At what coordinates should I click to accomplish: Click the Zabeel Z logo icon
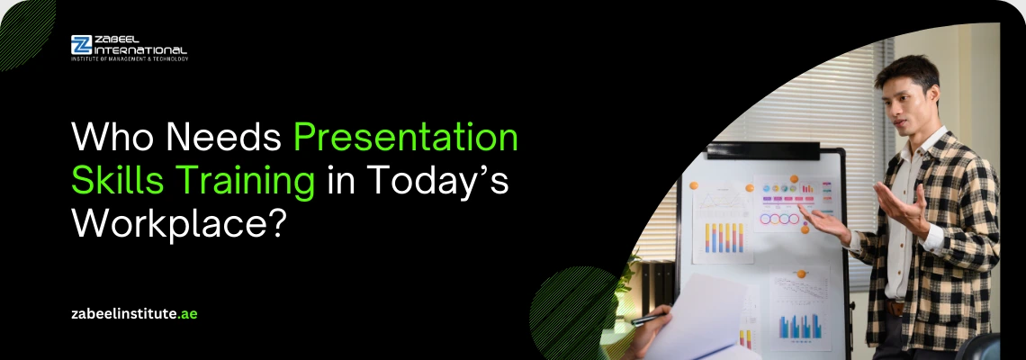click(x=81, y=44)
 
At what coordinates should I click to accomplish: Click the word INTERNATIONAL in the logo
click(x=140, y=49)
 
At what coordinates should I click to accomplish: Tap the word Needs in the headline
click(x=220, y=138)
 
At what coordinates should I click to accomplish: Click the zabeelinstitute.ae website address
click(x=134, y=313)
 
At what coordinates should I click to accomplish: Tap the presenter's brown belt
click(x=895, y=308)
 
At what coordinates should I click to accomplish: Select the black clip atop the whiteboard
click(x=762, y=150)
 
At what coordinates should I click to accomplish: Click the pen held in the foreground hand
click(x=649, y=319)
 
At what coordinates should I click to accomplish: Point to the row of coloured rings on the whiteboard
click(x=779, y=219)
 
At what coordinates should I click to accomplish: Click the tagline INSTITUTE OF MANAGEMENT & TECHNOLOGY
click(x=130, y=58)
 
